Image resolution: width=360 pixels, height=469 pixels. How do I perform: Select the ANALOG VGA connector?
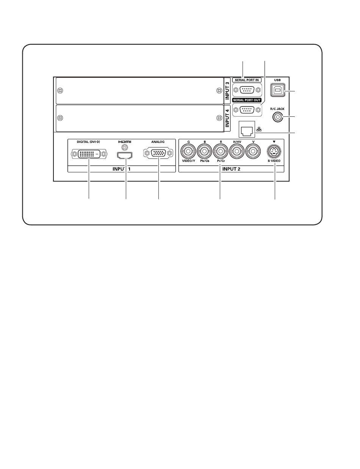pyautogui.click(x=158, y=153)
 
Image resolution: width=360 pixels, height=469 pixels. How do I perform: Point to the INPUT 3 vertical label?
pyautogui.click(x=227, y=91)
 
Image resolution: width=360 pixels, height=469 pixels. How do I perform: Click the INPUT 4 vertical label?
pyautogui.click(x=227, y=118)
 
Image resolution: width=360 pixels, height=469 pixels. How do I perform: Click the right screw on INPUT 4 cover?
pyautogui.click(x=218, y=118)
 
